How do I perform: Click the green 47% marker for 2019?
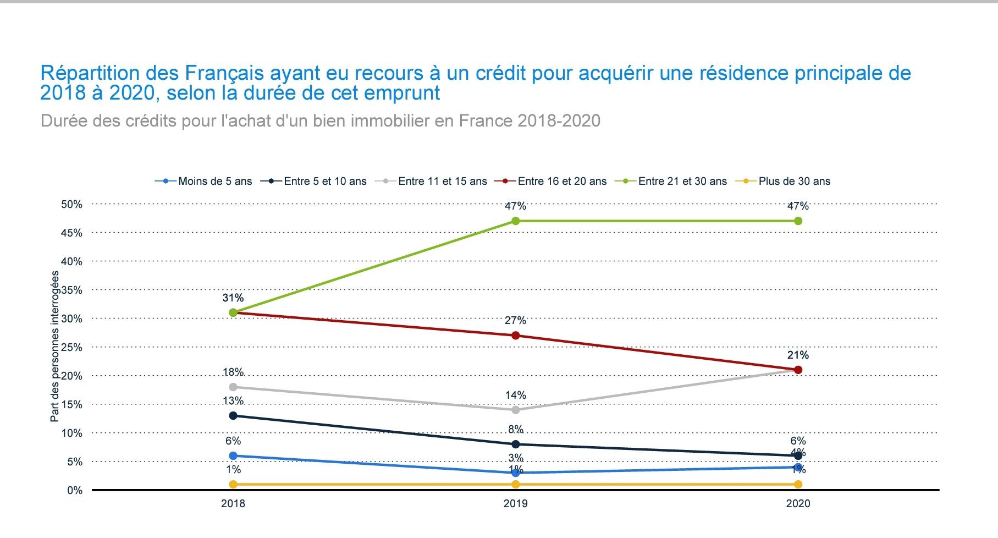click(x=515, y=221)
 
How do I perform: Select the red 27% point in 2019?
click(x=515, y=336)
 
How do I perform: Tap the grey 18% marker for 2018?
click(x=233, y=387)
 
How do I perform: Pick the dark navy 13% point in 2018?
click(x=233, y=415)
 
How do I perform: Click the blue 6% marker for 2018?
click(x=233, y=455)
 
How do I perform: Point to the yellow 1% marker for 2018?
click(x=233, y=484)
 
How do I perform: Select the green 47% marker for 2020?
click(x=798, y=221)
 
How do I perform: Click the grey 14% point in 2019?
click(x=515, y=410)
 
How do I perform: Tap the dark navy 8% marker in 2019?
click(x=515, y=444)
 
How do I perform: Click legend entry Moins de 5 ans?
click(x=214, y=182)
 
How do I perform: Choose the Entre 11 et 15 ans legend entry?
click(x=442, y=182)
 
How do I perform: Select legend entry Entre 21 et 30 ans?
click(x=682, y=182)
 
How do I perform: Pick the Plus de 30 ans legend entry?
click(x=794, y=182)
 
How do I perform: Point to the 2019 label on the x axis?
click(x=515, y=503)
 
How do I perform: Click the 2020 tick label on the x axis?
click(x=798, y=503)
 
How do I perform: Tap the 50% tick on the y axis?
click(x=71, y=205)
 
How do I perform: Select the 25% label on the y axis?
click(x=71, y=348)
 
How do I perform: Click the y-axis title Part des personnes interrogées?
click(x=54, y=355)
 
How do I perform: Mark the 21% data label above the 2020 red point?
click(x=798, y=355)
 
